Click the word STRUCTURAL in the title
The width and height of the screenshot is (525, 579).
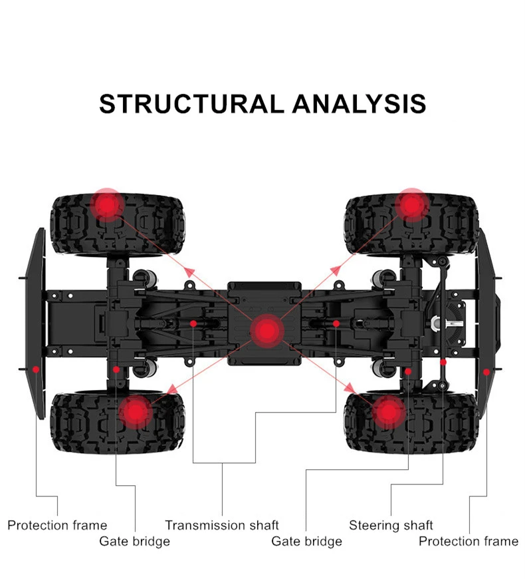click(x=191, y=104)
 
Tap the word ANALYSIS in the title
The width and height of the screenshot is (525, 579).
click(x=359, y=104)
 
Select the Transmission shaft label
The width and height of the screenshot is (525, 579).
click(x=222, y=525)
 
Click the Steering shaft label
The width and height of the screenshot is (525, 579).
click(x=391, y=525)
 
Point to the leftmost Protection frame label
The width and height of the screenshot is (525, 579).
click(x=57, y=525)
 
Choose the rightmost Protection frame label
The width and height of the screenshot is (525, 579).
click(x=468, y=541)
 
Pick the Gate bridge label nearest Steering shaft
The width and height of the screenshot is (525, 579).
click(x=306, y=541)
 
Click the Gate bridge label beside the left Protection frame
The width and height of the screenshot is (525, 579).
click(x=135, y=541)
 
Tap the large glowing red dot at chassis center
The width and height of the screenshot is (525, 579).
click(x=266, y=329)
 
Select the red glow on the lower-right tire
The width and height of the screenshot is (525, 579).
click(x=387, y=413)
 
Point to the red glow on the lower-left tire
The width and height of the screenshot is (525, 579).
click(x=136, y=413)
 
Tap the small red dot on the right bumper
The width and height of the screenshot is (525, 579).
click(x=486, y=371)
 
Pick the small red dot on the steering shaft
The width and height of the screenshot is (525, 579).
click(x=443, y=363)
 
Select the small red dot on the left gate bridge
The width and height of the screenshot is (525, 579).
click(x=116, y=369)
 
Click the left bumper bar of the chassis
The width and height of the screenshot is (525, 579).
click(x=37, y=319)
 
